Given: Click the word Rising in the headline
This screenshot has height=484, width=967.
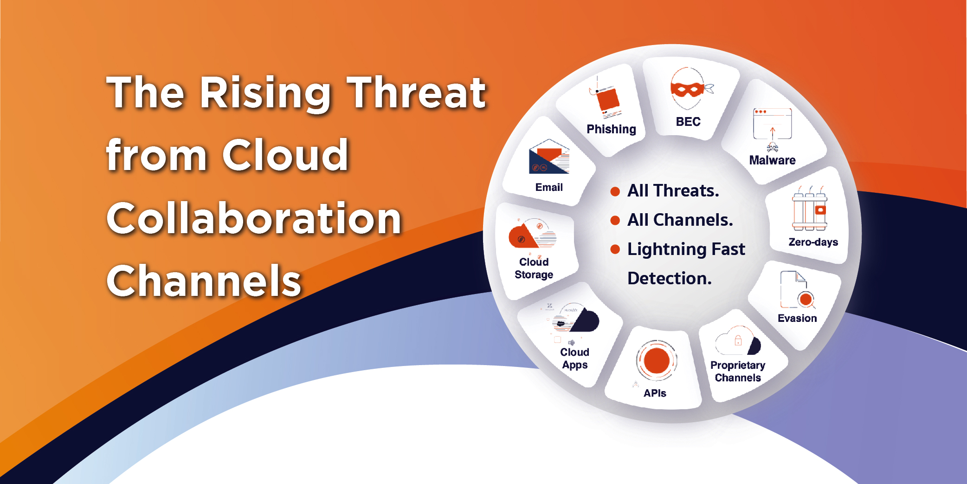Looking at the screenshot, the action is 265,94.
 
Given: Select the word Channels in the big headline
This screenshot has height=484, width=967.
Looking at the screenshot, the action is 204,281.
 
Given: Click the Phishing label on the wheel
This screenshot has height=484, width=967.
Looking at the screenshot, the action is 611,129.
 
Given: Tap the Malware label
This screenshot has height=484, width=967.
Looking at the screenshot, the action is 772,160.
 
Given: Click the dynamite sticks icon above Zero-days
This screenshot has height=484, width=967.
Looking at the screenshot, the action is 810,209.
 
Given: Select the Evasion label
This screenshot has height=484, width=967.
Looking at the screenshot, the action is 797,318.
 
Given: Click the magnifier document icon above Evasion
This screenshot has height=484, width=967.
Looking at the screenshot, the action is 798,290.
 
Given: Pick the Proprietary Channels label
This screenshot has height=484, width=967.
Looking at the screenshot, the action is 738,371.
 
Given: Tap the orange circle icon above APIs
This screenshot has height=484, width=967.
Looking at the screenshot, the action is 657,360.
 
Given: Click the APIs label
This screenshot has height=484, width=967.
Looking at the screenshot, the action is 655,393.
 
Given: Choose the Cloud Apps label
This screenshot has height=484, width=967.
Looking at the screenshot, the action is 575,359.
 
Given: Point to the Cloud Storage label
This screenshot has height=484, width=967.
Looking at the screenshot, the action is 534,268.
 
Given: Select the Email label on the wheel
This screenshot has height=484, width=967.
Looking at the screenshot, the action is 549,187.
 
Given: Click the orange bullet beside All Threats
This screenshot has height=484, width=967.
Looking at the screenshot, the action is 615,191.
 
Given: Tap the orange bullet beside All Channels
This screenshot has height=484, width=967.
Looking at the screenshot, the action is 615,220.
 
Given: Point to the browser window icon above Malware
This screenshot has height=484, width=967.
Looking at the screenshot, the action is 772,124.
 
